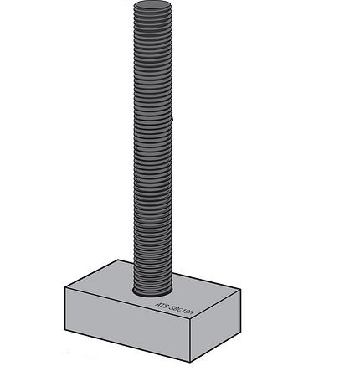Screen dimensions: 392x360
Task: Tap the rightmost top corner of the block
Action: [241, 290]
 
